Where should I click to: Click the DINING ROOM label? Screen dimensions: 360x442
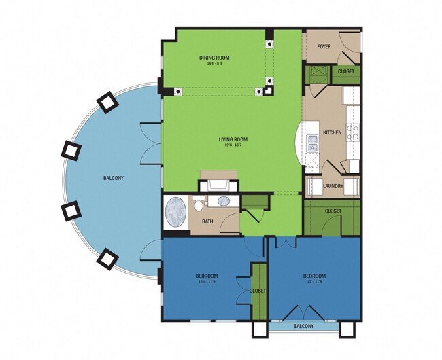click(x=214, y=58)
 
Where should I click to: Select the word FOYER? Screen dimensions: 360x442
click(x=324, y=47)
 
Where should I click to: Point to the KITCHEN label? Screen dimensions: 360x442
click(x=332, y=132)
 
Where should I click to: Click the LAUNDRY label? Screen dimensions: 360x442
click(x=333, y=185)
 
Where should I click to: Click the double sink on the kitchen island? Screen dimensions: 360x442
click(x=312, y=143)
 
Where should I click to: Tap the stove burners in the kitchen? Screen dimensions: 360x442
click(x=352, y=132)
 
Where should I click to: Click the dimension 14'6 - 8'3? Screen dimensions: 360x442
click(x=214, y=64)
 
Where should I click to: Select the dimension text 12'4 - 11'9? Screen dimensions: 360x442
click(x=206, y=282)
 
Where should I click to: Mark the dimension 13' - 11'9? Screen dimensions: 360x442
click(x=314, y=282)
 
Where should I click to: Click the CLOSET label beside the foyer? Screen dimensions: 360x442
click(x=345, y=71)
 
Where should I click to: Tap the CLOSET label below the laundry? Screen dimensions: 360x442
click(x=333, y=211)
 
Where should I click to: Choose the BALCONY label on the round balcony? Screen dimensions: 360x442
click(x=114, y=179)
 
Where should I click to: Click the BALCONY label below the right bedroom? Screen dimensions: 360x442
click(x=304, y=327)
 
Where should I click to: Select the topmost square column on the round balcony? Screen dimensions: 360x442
click(x=106, y=102)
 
